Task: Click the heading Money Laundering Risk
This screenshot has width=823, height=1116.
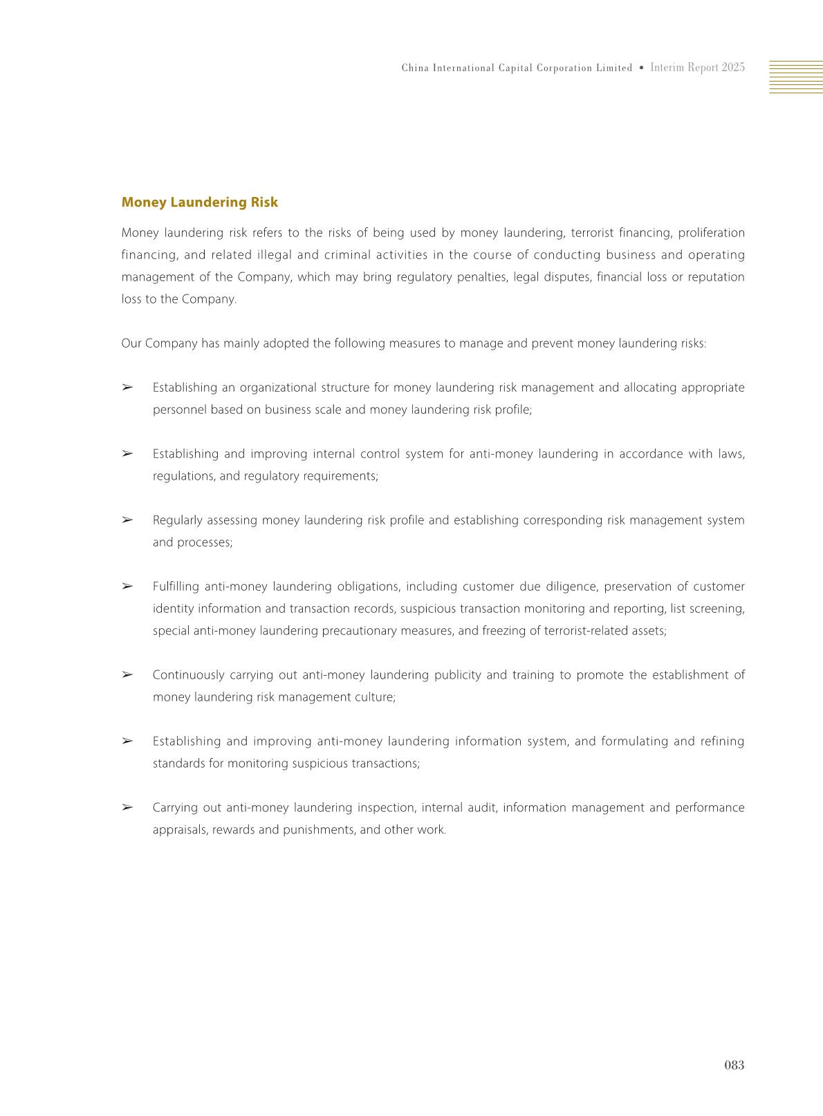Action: (199, 202)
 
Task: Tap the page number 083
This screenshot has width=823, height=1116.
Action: (734, 1065)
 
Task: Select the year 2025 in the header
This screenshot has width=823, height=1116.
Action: (733, 68)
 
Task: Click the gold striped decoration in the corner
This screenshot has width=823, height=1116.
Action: (795, 77)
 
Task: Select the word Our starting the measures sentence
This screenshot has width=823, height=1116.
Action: (131, 343)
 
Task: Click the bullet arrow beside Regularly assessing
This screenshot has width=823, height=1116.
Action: (127, 520)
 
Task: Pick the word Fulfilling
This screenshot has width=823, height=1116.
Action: (176, 587)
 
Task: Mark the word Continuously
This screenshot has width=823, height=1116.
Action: (188, 675)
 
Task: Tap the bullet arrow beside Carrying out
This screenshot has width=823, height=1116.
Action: (127, 807)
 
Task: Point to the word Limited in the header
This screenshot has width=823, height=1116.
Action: (613, 68)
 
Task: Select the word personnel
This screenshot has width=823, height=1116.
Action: (179, 410)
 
